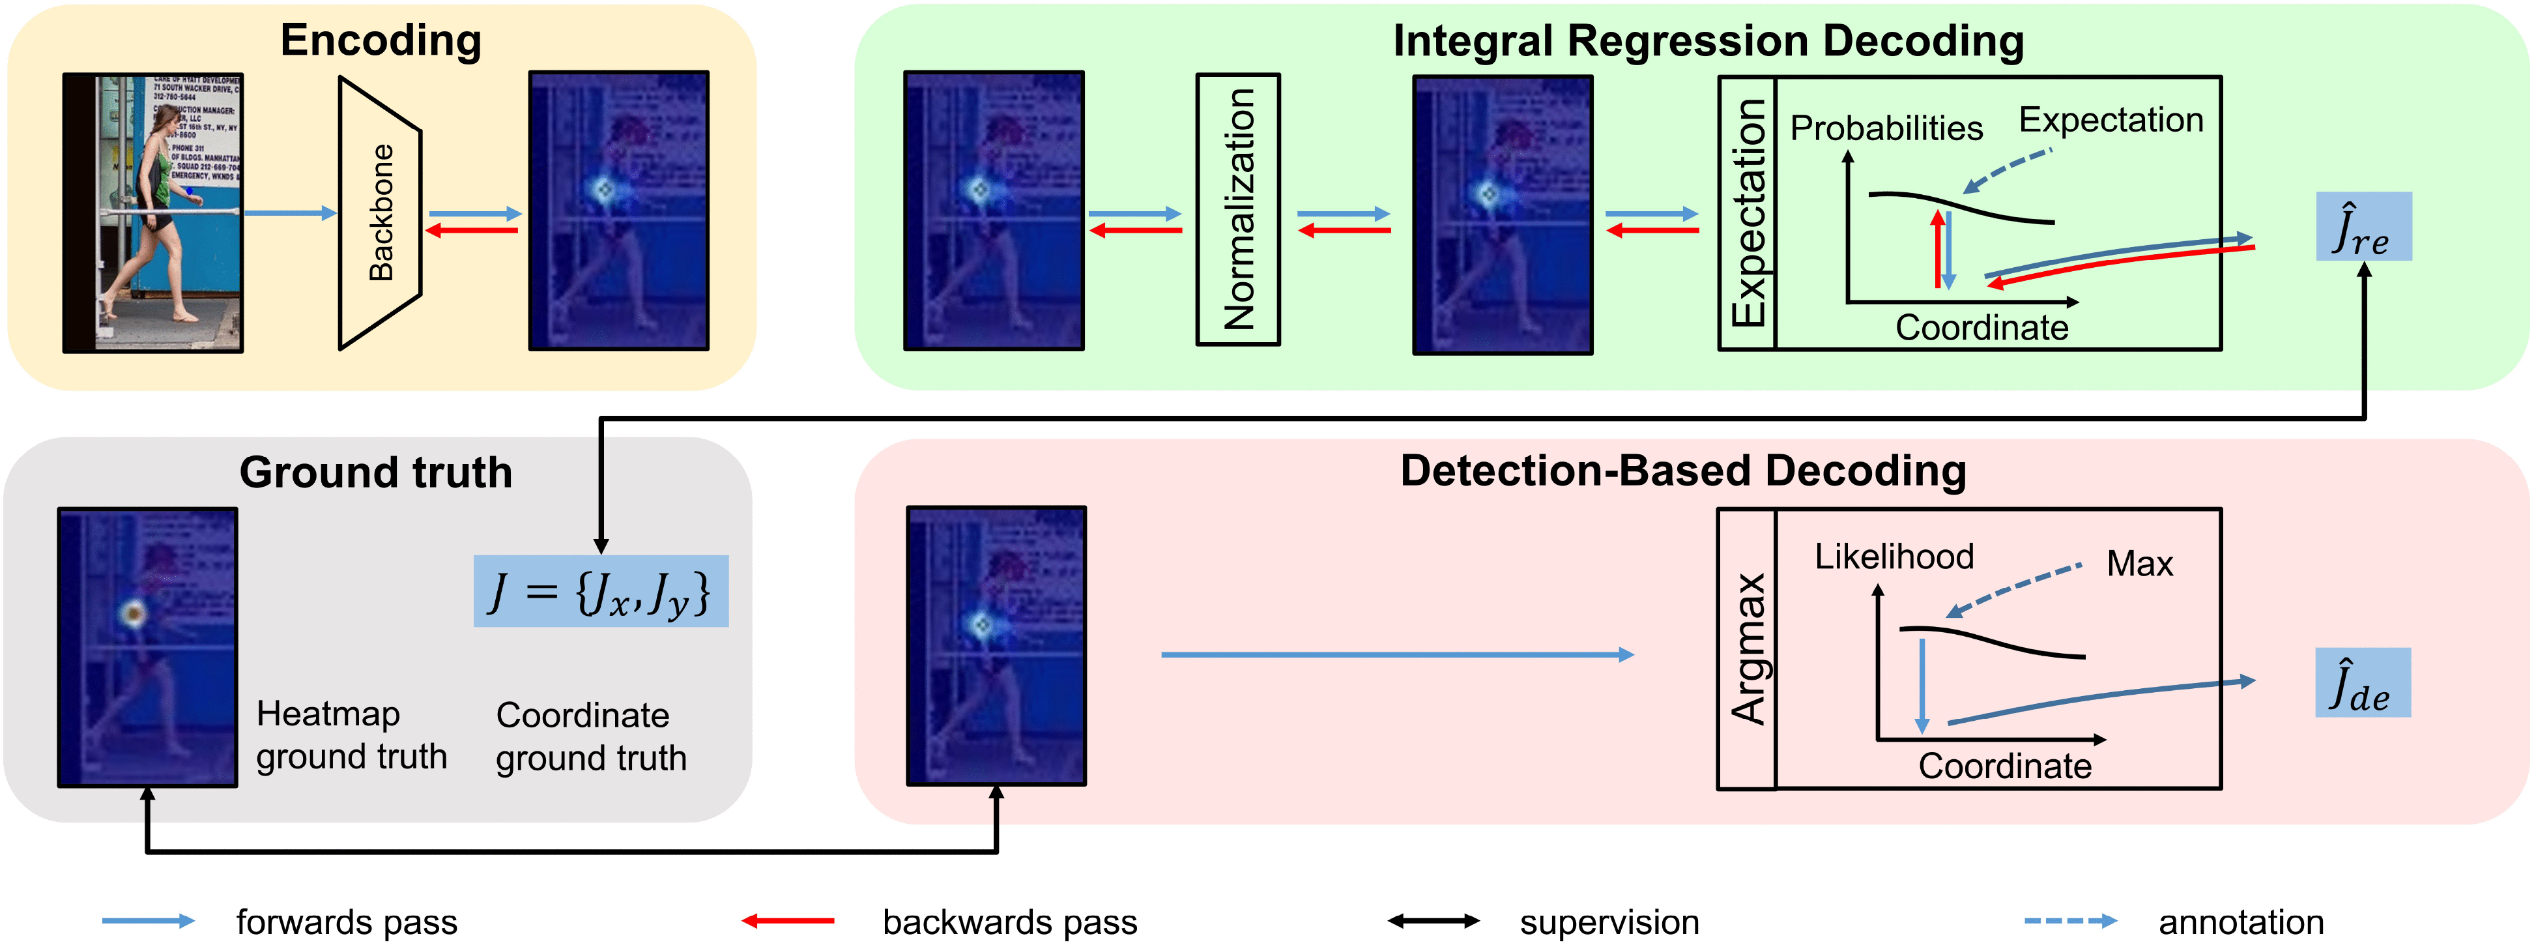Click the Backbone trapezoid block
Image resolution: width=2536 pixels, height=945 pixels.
[380, 212]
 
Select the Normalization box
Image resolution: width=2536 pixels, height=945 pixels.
[1237, 209]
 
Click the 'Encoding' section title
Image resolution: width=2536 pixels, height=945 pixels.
[381, 41]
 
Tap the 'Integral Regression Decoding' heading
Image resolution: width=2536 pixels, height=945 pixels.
[1708, 41]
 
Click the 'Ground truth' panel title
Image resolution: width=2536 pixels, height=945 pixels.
[376, 472]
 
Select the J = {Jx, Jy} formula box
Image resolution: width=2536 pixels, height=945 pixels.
[601, 592]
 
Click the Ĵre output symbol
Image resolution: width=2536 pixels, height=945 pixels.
[2363, 227]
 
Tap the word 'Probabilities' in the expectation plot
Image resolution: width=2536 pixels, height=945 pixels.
[1885, 128]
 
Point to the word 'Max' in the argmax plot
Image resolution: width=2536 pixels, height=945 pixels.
[2139, 564]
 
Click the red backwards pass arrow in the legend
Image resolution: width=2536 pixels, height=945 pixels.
[788, 922]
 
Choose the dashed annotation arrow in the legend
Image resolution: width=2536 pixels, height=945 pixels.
[2069, 922]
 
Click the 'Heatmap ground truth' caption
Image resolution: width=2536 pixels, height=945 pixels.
[351, 735]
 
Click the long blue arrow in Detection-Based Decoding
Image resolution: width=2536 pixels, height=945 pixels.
[1396, 654]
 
